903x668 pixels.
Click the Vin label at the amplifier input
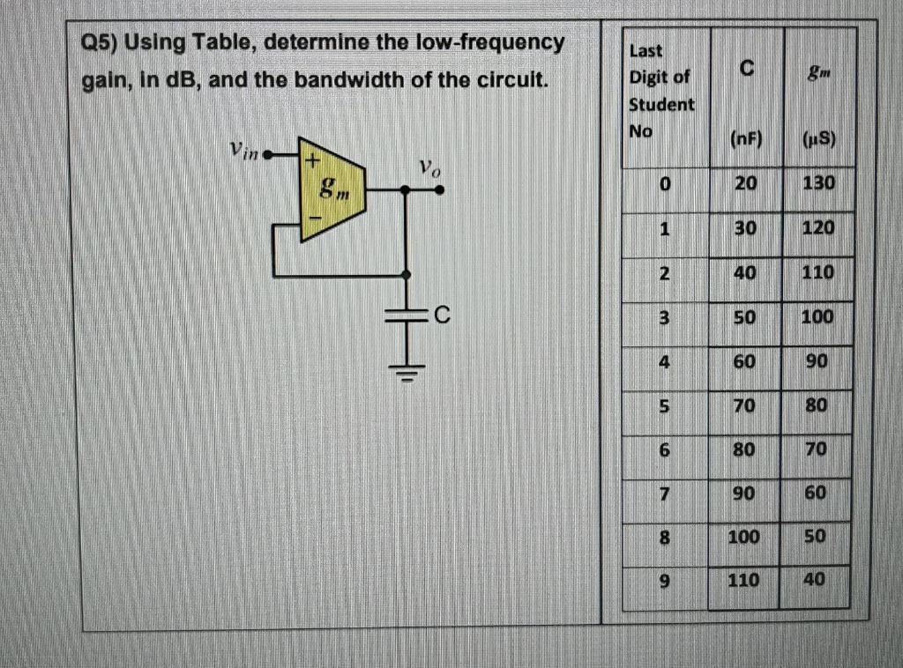[244, 152]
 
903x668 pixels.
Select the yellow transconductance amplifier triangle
[332, 189]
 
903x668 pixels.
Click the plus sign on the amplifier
[310, 161]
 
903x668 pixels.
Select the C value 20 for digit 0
[745, 184]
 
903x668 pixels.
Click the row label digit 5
[668, 405]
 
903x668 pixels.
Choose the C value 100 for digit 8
[743, 535]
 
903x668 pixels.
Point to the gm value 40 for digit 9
[814, 581]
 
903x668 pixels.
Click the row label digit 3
[668, 316]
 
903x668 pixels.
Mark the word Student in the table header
[660, 104]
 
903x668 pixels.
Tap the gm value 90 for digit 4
[816, 360]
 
